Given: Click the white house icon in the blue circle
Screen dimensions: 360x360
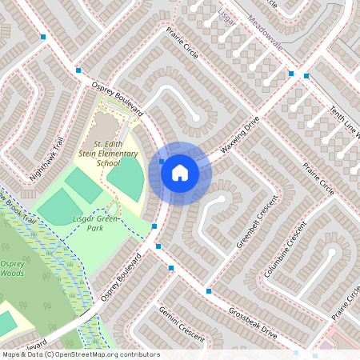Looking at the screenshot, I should tap(180, 172).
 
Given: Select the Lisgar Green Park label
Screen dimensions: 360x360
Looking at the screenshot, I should tap(97, 222).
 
